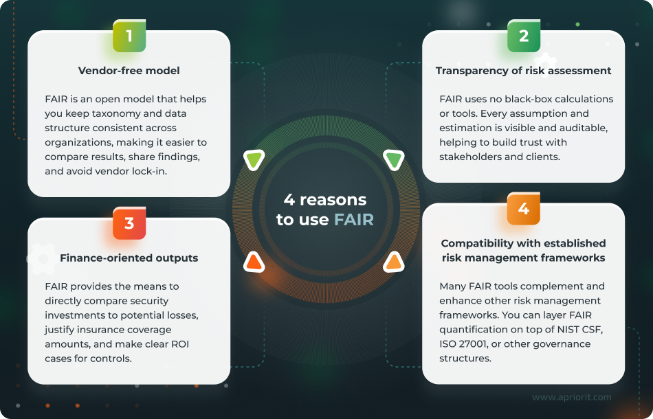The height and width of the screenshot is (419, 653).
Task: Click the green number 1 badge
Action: [129, 36]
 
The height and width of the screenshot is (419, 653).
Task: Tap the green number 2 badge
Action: [524, 36]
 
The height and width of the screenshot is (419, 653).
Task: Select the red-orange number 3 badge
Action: [129, 223]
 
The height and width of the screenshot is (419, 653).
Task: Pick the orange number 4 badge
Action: [524, 209]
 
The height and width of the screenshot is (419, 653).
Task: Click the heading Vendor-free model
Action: [129, 70]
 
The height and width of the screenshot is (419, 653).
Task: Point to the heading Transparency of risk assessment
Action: [523, 70]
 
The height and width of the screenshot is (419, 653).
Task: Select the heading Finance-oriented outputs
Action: [129, 258]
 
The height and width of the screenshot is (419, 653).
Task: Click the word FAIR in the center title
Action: [354, 220]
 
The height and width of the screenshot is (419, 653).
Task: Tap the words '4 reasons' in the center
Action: [325, 201]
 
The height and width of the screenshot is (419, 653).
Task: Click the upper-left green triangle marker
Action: [254, 161]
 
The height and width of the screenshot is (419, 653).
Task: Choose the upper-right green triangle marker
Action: [394, 161]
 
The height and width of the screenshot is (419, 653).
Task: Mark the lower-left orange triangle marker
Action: [254, 261]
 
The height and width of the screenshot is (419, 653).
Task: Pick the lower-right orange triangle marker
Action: [393, 261]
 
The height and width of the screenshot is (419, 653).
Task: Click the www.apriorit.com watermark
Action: [572, 397]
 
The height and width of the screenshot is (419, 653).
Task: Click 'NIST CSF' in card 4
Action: [577, 330]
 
